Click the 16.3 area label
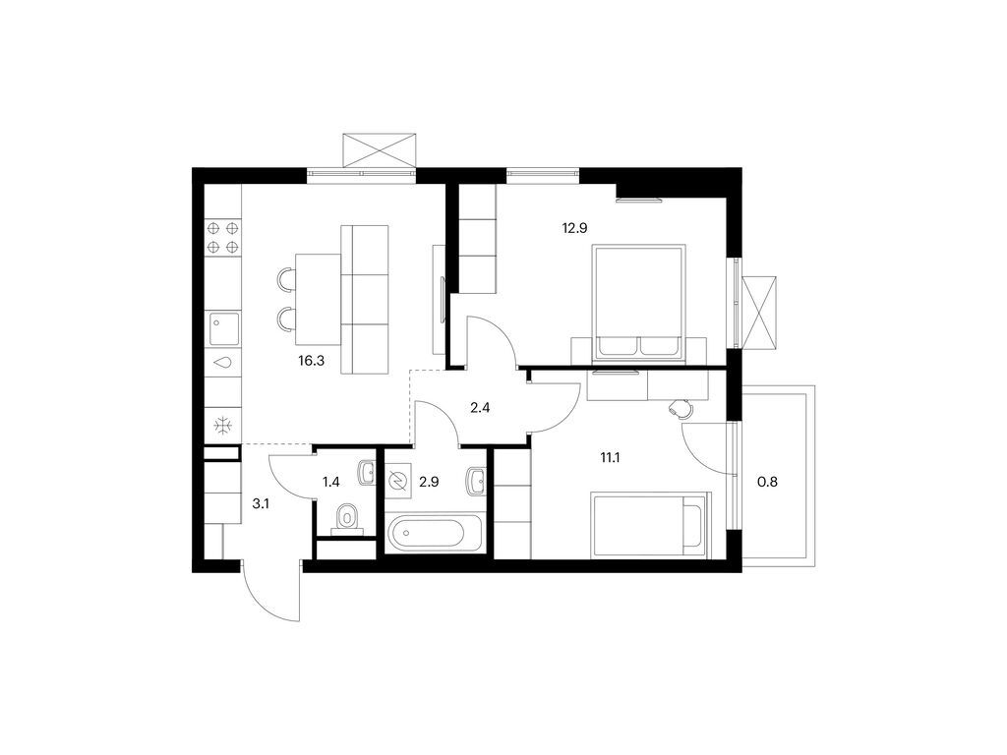[x=311, y=361]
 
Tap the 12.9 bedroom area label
[x=574, y=227]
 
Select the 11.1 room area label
[x=610, y=458]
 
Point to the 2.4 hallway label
[x=480, y=407]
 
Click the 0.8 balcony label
[x=767, y=481]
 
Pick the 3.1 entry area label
[x=260, y=504]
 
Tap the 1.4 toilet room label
[x=330, y=482]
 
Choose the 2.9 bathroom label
[x=429, y=482]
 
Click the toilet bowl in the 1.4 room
[x=347, y=518]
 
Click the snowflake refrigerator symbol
[x=223, y=425]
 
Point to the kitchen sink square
[x=223, y=328]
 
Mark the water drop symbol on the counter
[x=223, y=362]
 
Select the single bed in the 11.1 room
[x=650, y=526]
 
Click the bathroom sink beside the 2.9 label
[x=476, y=481]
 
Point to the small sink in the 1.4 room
[x=367, y=473]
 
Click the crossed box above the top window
[x=379, y=149]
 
